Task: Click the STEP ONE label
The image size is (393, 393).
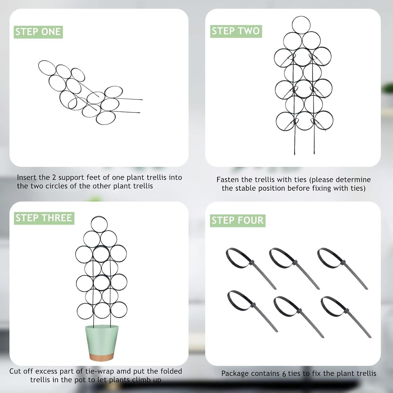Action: pos(38,32)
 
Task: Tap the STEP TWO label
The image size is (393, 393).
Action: pos(236,31)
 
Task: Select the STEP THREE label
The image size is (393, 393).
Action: pos(44,218)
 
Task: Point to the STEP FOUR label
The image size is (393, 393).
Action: pos(238,221)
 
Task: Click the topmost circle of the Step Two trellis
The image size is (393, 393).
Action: pos(301,24)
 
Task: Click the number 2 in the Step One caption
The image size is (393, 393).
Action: pos(54,177)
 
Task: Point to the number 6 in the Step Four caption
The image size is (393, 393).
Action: pos(284,374)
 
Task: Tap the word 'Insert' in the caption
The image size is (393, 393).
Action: pos(27,177)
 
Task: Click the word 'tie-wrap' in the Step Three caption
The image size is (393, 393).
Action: pos(100,371)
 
